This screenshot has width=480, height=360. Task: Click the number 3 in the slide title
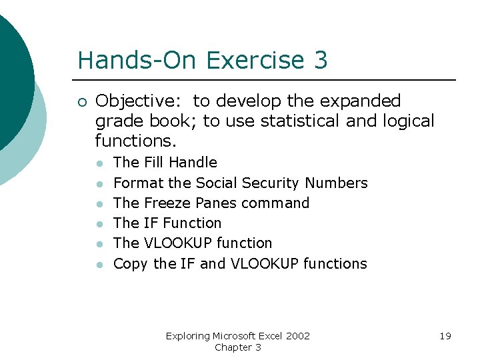319,60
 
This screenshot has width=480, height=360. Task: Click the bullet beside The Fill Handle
99,163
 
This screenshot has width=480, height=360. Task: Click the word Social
217,183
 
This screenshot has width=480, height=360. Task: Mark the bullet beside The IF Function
99,224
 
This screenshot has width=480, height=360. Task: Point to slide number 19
445,336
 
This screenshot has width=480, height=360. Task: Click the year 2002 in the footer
297,336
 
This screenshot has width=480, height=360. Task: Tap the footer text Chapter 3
237,347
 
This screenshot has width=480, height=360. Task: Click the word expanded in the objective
360,101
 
